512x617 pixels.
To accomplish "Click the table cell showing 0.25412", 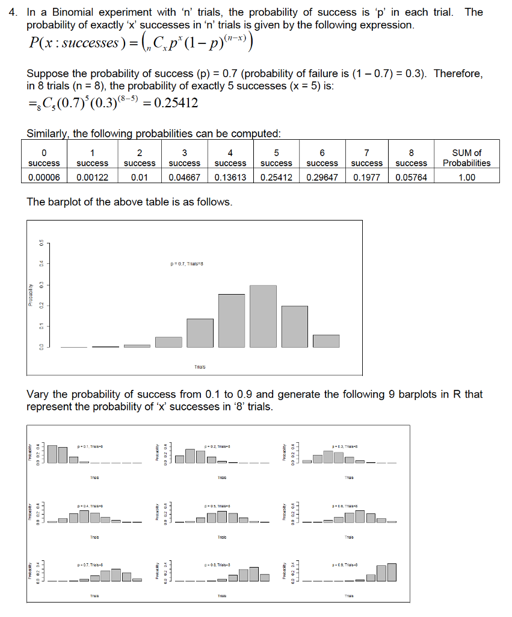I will pos(276,177).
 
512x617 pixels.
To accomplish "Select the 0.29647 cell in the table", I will pos(322,177).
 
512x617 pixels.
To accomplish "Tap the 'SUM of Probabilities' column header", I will pos(466,158).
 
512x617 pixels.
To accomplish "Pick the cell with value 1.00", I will pos(466,177).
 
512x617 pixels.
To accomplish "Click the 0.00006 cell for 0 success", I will pos(44,177).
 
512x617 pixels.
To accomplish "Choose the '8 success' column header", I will pos(412,158).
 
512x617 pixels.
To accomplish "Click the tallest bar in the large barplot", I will pos(264,316).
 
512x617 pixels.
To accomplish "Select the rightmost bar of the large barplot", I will pos(326,341).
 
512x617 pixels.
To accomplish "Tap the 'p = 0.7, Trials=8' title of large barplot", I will pos(188,263).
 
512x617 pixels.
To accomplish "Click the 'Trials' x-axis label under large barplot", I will pos(200,366).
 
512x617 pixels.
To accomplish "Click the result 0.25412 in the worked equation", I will pos(176,103).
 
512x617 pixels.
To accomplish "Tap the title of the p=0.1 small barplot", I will pos(91,446).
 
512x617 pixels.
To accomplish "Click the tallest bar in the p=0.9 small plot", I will pos(392,572).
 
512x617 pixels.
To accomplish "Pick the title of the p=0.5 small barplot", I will pos(218,507).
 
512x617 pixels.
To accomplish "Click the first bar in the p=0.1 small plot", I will pos(52,454).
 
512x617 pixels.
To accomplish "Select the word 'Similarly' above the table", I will pos(48,133).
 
